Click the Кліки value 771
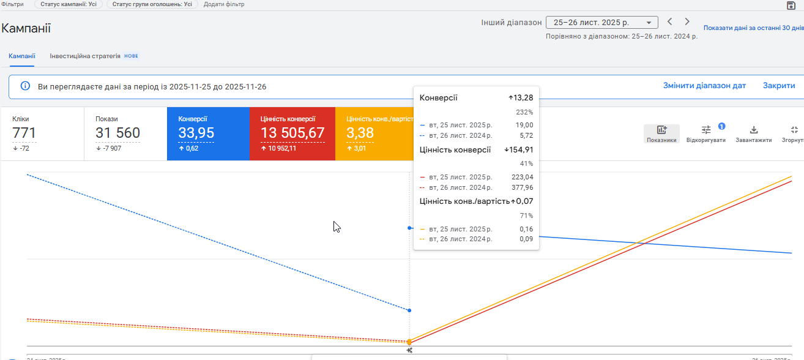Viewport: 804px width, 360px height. [24, 133]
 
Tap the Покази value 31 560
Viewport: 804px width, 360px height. [117, 133]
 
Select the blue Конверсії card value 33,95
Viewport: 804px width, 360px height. [196, 133]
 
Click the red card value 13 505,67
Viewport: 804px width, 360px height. [292, 133]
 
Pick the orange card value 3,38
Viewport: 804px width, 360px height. [360, 133]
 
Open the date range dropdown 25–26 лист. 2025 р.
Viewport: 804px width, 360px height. [601, 23]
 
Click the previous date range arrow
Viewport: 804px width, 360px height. [670, 22]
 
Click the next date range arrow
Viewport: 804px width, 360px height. [687, 22]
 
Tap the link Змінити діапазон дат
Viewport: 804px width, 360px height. [704, 86]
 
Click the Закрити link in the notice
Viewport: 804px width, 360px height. [778, 86]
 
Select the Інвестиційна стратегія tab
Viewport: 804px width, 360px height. [85, 56]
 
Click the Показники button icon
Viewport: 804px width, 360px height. [661, 130]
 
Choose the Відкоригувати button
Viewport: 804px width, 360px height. [706, 130]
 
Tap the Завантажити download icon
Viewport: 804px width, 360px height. [754, 130]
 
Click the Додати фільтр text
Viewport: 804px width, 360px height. [224, 4]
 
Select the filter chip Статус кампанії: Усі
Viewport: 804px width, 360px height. [69, 4]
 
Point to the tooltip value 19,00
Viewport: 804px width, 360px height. [523, 125]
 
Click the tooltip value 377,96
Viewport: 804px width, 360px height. [522, 187]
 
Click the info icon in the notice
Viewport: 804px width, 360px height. [25, 86]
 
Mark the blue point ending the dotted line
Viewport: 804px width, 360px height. [409, 310]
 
